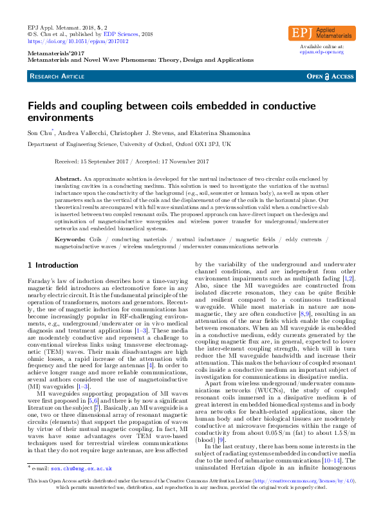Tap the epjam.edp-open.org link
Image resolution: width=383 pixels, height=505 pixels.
click(x=322, y=52)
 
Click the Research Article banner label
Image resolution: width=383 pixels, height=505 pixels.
click(x=57, y=77)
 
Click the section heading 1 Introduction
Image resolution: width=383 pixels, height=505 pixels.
click(x=53, y=265)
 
